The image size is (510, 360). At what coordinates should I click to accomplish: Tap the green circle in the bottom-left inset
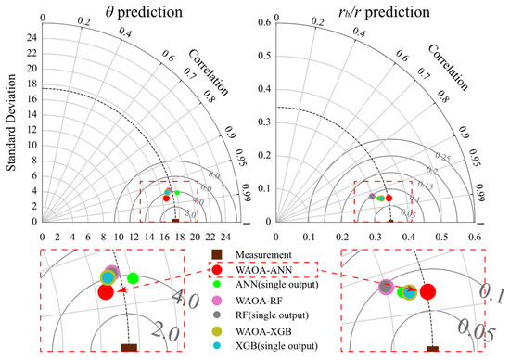point(133,277)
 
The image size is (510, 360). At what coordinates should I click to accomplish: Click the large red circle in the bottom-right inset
point(427,292)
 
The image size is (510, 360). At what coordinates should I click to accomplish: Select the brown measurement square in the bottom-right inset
point(433,349)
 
